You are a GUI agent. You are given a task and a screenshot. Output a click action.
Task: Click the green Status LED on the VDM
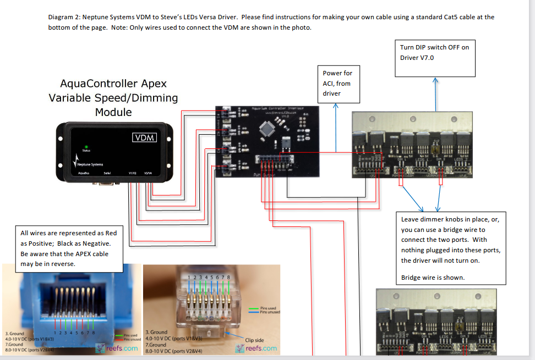[86, 147]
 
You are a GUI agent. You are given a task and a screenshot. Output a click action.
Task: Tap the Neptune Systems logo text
[90, 164]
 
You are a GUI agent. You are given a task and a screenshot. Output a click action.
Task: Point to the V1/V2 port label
[133, 173]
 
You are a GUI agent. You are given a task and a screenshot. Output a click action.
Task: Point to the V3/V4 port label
[148, 173]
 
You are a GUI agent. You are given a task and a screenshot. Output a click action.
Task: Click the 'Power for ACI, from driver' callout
[337, 84]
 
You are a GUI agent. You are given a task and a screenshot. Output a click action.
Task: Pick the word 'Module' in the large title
[113, 112]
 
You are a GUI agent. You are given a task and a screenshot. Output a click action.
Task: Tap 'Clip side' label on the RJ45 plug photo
[254, 340]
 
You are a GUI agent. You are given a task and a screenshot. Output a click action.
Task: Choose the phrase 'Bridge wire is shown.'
[433, 278]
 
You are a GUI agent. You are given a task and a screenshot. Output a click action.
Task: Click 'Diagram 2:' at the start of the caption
[64, 18]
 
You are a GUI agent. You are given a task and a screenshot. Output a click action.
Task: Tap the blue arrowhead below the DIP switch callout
[435, 80]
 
